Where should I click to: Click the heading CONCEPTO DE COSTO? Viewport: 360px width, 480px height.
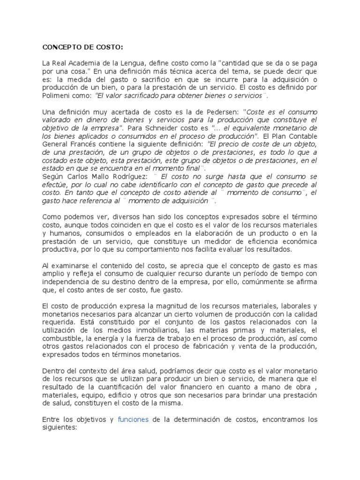click(x=83, y=47)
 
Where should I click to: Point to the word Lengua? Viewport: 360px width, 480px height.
click(x=146, y=63)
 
